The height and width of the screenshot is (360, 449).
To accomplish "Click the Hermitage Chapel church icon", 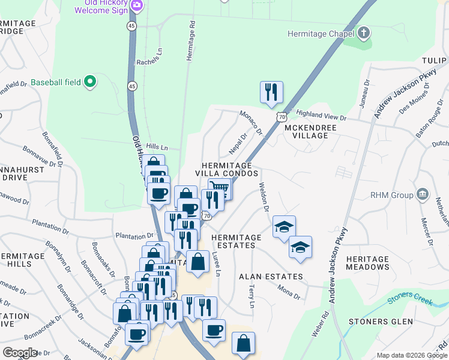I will (x=364, y=33).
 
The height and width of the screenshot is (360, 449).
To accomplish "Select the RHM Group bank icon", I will (x=423, y=194).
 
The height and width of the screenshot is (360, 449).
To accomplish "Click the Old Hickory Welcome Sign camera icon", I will (x=137, y=5).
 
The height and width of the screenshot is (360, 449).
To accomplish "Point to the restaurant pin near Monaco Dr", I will (x=271, y=92).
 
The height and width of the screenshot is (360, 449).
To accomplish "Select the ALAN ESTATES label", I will (x=271, y=277).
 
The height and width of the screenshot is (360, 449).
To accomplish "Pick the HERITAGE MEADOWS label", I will (x=367, y=263).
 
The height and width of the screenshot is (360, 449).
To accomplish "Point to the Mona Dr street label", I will (x=289, y=292).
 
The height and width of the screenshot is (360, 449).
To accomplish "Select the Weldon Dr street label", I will (x=263, y=197).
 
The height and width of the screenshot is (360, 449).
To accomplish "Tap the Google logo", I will (x=20, y=353).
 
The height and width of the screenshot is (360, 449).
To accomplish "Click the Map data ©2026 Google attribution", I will (x=411, y=355).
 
